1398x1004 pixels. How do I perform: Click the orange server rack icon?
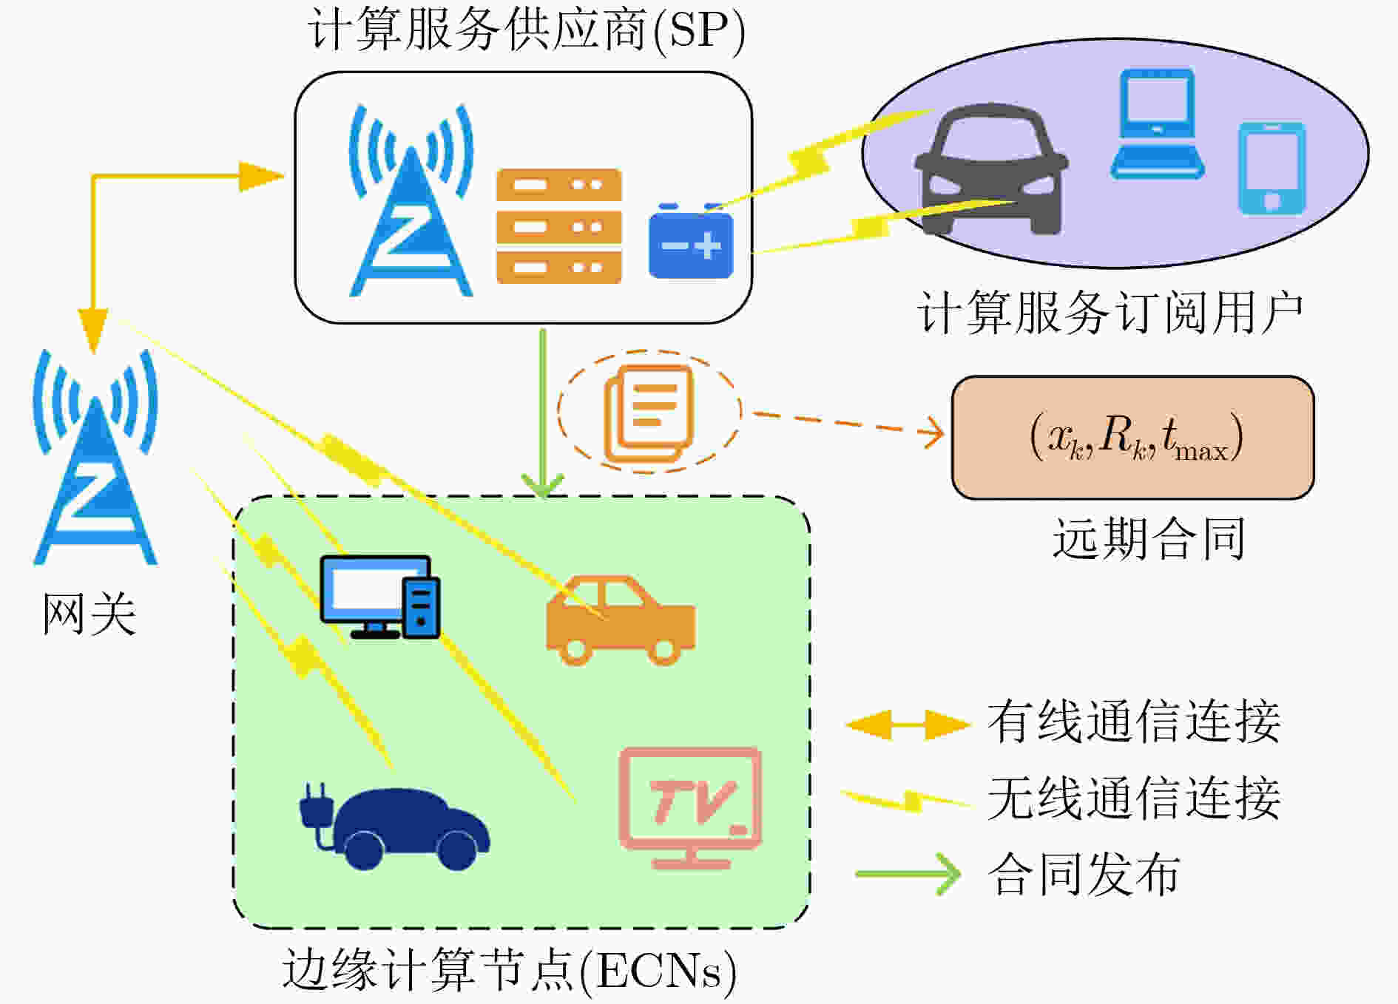[x=558, y=226]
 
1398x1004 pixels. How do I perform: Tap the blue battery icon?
[x=691, y=241]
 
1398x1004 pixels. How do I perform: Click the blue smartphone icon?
[x=1272, y=169]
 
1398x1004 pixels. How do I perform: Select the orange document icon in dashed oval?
[x=649, y=413]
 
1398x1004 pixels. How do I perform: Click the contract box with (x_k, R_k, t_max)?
[x=1132, y=438]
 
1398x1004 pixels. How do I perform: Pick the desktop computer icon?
[x=380, y=597]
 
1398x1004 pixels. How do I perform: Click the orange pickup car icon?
[x=621, y=621]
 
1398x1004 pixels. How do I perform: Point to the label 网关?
[x=90, y=615]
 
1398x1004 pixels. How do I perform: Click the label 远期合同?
[x=1149, y=538]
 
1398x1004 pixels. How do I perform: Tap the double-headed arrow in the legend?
[x=908, y=725]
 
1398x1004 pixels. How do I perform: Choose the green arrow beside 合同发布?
[x=908, y=874]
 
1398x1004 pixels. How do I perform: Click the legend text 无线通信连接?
[x=1134, y=798]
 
